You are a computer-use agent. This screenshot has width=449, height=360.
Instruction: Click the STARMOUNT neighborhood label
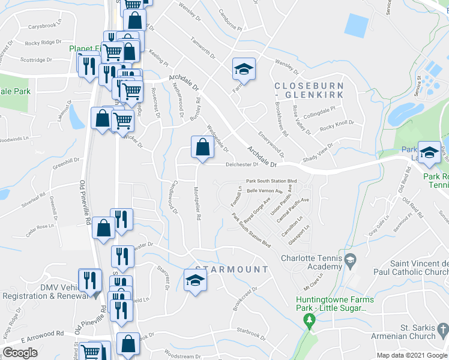pos(231,269)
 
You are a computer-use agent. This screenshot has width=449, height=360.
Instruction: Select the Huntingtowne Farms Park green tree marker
pos(310,319)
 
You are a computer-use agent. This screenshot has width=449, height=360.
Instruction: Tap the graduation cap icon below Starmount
pos(195,281)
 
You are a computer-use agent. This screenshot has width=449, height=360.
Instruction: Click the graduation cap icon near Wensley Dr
pos(244,70)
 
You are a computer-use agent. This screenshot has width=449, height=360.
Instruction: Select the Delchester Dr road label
pos(241,164)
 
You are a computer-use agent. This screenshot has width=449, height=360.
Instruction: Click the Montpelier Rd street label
pos(196,203)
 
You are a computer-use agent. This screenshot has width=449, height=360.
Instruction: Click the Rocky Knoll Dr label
pos(337,125)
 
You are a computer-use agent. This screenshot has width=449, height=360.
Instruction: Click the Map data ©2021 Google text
pos(413,355)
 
